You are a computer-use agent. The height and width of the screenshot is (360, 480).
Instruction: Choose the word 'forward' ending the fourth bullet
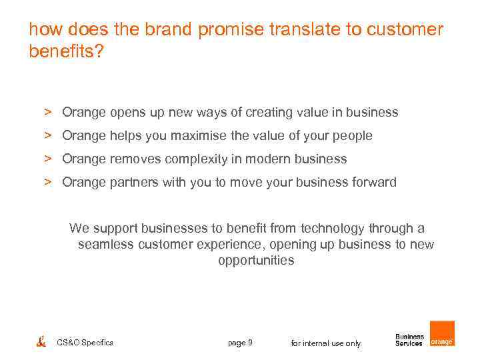(373, 183)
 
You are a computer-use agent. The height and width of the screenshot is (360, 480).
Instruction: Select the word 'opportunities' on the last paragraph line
(256, 261)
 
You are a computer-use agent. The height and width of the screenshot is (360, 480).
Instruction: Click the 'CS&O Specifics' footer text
(85, 343)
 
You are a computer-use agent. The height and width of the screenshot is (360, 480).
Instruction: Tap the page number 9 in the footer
(249, 343)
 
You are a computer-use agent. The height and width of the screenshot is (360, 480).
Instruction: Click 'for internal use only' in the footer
(326, 343)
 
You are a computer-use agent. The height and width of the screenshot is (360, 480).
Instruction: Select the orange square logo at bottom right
(442, 334)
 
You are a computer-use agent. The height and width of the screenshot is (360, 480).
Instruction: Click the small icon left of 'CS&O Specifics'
(41, 342)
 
